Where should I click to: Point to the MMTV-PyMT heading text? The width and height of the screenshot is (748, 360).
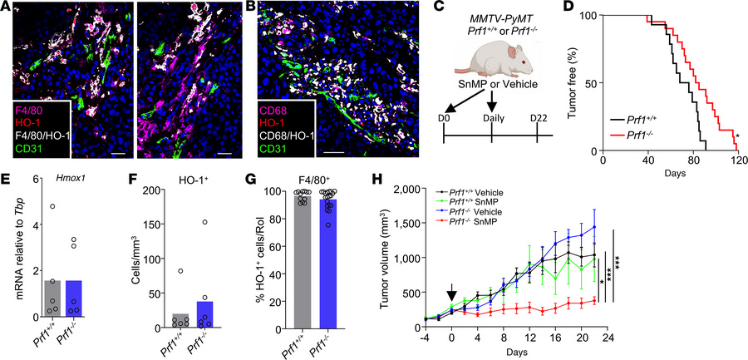[x=493, y=10]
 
